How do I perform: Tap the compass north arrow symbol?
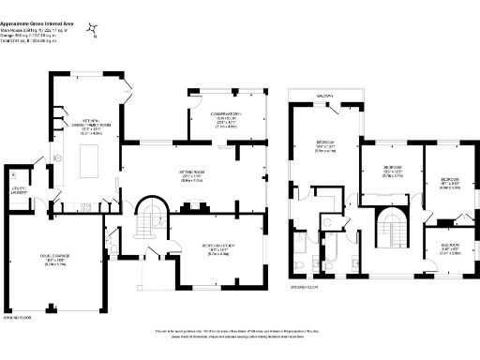[91, 30]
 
